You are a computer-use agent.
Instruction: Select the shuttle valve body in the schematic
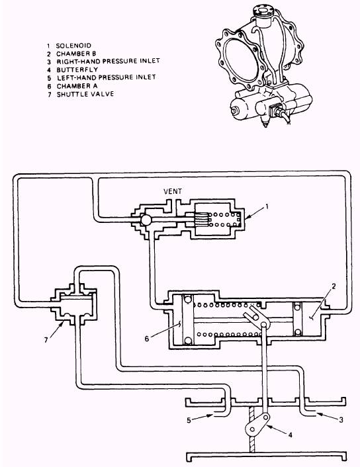(73, 305)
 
